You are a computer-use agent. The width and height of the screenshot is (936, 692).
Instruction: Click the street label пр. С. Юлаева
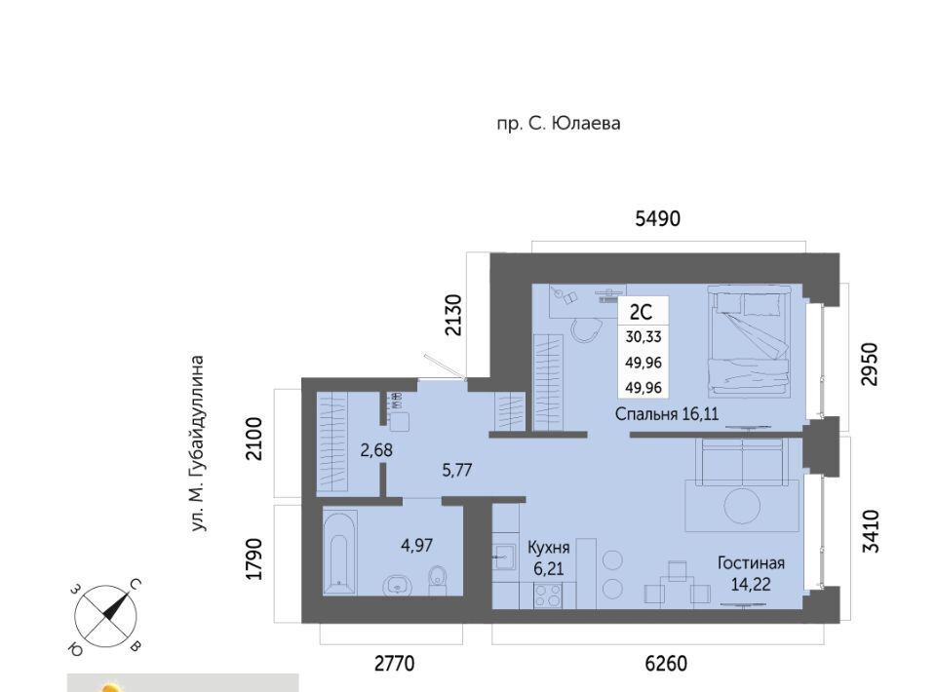(559, 124)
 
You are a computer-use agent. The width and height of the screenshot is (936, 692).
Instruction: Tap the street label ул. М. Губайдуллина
(198, 443)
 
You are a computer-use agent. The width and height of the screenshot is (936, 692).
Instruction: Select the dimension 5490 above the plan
(657, 219)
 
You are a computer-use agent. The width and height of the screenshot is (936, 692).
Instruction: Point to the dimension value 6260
(666, 663)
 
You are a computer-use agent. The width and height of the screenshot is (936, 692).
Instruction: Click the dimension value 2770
(394, 663)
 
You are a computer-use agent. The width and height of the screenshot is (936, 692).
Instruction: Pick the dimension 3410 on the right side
(871, 531)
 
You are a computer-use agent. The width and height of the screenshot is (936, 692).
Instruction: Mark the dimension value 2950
(871, 364)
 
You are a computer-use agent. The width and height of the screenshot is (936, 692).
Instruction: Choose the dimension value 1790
(253, 558)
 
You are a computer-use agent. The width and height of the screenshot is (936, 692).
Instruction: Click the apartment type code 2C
(642, 312)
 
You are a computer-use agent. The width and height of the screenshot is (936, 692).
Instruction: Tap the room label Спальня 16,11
(667, 413)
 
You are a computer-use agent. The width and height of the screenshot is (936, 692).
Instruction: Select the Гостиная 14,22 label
(751, 573)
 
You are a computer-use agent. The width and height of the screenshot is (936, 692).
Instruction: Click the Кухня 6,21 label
(549, 557)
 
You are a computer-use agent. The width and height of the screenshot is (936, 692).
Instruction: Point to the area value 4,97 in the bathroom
(416, 545)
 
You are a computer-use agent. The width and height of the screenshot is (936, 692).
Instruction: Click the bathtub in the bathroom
(339, 552)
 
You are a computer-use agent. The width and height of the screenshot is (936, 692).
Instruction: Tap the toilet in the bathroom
(438, 579)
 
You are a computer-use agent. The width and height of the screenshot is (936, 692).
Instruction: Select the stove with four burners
(547, 595)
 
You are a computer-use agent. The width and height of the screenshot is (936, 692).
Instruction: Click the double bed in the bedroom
(749, 341)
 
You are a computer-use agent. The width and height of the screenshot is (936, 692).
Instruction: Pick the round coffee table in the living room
(742, 507)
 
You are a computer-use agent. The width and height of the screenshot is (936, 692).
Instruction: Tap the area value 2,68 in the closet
(376, 450)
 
